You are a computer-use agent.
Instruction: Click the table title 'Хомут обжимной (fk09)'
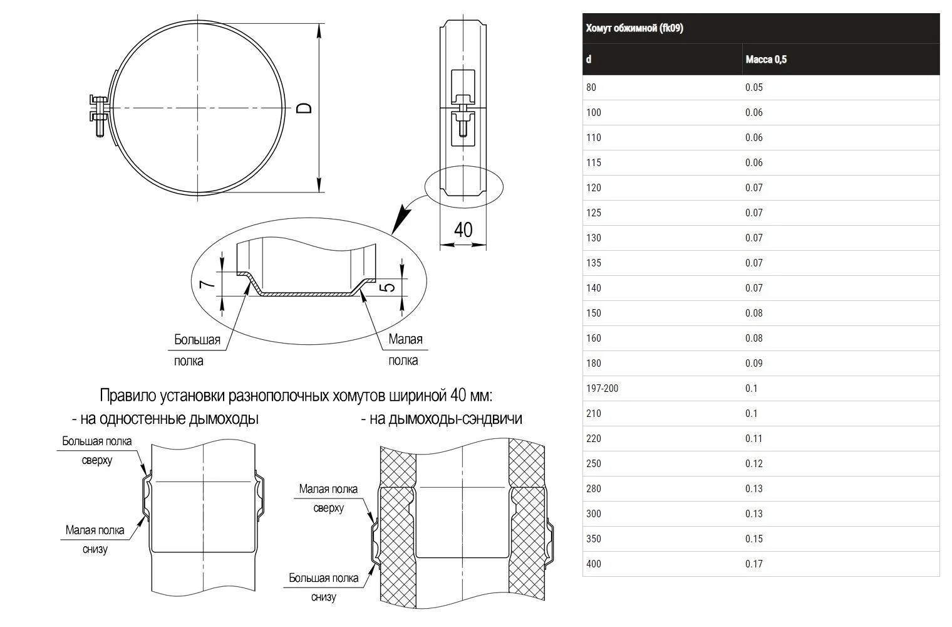(x=634, y=28)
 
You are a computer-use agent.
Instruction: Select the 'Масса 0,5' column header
(x=766, y=60)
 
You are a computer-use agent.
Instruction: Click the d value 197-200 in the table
(x=603, y=388)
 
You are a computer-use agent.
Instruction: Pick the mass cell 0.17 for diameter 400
(x=754, y=564)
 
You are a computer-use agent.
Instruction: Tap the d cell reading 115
(x=594, y=162)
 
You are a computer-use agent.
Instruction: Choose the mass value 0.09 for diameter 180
(x=754, y=363)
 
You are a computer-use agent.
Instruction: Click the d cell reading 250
(x=594, y=463)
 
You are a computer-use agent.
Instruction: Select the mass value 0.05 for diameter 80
(x=754, y=87)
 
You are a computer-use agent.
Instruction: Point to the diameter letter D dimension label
(x=304, y=108)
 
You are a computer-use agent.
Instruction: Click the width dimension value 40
(x=463, y=230)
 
